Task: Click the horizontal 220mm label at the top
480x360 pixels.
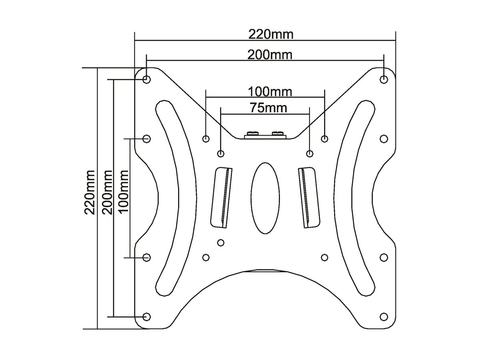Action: pos(271,34)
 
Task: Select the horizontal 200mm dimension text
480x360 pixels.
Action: pos(270,55)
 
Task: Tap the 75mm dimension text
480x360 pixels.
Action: pos(268,108)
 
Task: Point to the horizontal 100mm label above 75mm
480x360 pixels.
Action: pos(270,92)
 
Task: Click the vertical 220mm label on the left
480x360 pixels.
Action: pos(90,192)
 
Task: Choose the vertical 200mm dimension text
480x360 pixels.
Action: pos(107,192)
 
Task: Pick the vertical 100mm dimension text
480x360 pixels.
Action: pos(123,192)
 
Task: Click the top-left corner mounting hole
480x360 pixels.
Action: pos(146,79)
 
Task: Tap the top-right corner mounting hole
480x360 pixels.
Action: pos(384,79)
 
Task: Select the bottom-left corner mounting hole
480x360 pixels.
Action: pos(146,316)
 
